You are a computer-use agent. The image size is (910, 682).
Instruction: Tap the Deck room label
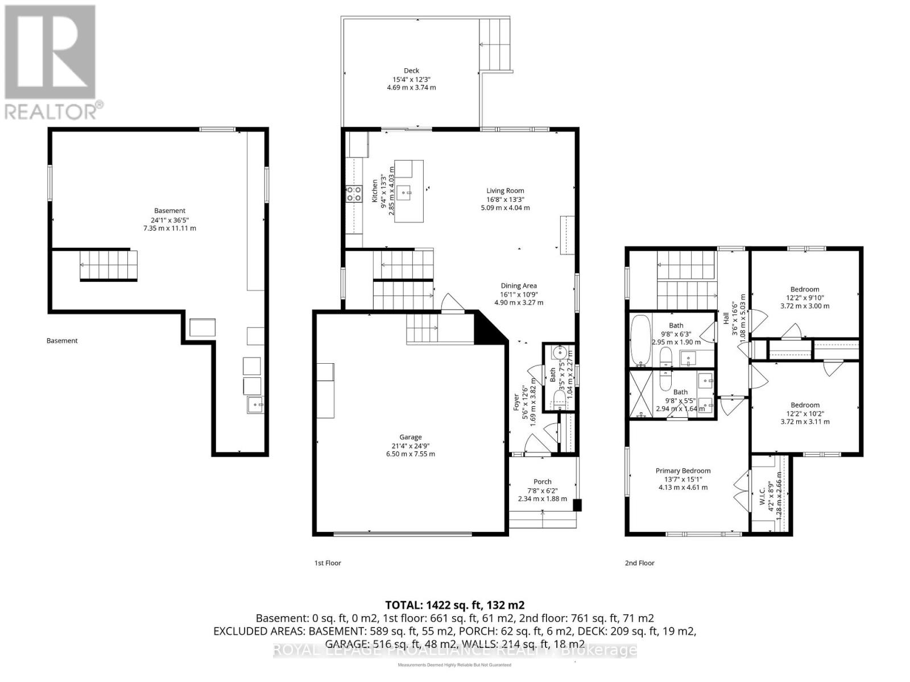pos(411,71)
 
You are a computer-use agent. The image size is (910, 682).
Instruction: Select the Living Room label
pos(505,191)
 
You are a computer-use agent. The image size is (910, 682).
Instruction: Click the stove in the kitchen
pos(354,194)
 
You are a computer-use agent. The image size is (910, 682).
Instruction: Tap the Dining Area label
pos(519,286)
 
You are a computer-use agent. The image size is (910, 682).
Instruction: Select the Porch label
pos(542,482)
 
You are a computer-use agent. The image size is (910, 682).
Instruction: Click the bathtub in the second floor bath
pos(640,341)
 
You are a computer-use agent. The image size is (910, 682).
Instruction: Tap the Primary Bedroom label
pos(682,471)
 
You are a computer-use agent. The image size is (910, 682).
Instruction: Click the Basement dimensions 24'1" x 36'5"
pos(169,219)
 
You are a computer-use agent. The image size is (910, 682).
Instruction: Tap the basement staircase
pos(109,266)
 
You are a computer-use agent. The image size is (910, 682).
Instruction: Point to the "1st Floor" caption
pos(328,563)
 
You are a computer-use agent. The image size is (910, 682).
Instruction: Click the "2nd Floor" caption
pos(639,563)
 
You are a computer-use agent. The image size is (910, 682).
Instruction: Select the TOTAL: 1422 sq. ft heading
pos(454,605)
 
